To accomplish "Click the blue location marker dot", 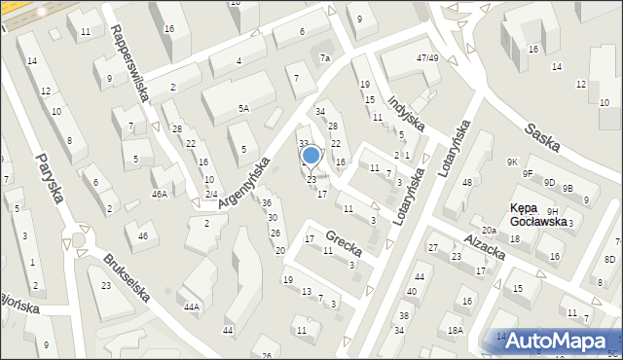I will [x=311, y=154].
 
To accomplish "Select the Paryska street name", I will [x=50, y=177].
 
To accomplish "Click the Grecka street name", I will [x=344, y=237].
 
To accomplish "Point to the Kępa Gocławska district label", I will [x=538, y=214].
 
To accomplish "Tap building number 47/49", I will [x=427, y=58].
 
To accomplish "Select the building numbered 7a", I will [x=325, y=58].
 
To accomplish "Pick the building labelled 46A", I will [x=160, y=194].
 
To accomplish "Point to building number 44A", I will [x=192, y=307].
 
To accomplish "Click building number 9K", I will [x=512, y=162].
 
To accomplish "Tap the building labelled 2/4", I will [x=210, y=194].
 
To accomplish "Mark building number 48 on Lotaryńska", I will [x=465, y=183].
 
